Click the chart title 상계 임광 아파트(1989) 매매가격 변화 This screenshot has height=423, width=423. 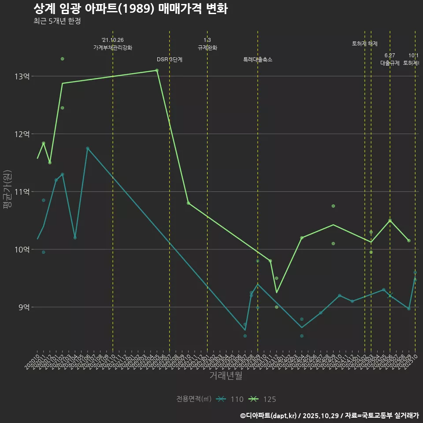pos(130,9)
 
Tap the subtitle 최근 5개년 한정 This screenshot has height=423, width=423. pos(57,21)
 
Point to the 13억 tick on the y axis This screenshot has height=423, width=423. pos(22,76)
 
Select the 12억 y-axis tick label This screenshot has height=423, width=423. pos(22,134)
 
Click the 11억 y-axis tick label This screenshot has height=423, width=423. pos(22,192)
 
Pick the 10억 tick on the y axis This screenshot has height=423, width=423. pos(22,249)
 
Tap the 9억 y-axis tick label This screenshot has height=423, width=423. pos(24,307)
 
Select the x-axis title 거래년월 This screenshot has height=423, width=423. pos(226,376)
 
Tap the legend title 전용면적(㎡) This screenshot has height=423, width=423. pos(194,399)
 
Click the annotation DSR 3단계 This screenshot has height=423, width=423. pos(170,59)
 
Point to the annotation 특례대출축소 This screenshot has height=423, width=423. pos(258,59)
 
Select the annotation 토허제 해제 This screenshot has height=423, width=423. pos(365,44)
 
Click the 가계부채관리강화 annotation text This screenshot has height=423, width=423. pos(113,48)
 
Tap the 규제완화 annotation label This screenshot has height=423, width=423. pos(207,48)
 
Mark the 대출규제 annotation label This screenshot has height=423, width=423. pos(390,63)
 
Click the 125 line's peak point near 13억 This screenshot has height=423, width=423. pos(157,70)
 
